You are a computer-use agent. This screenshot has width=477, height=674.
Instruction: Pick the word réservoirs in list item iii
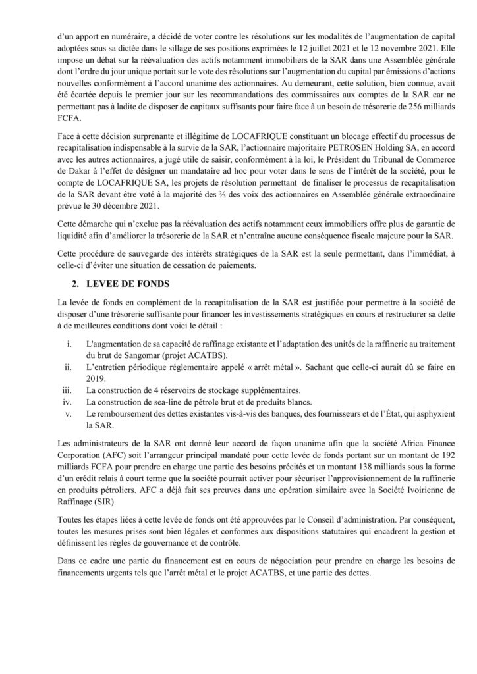click(x=169, y=390)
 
